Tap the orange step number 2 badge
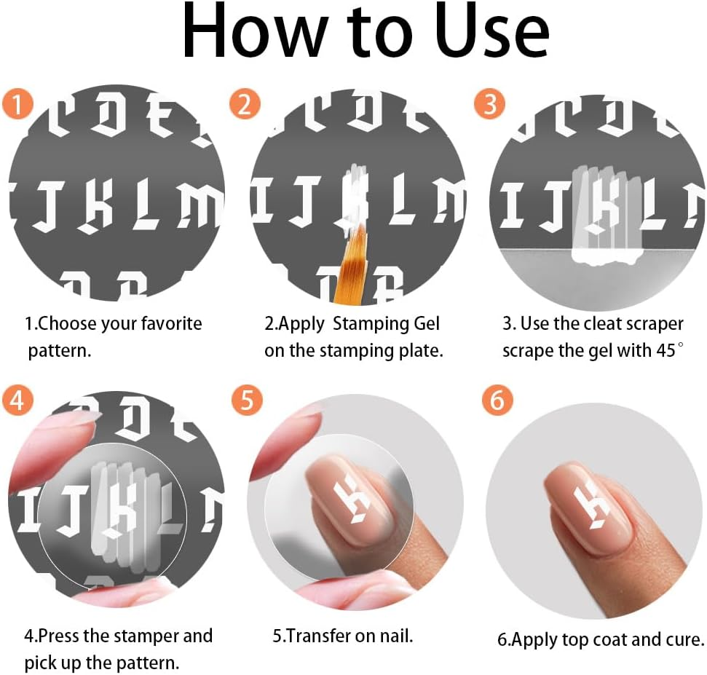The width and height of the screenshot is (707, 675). [245, 105]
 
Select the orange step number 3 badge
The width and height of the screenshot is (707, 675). [489, 105]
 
